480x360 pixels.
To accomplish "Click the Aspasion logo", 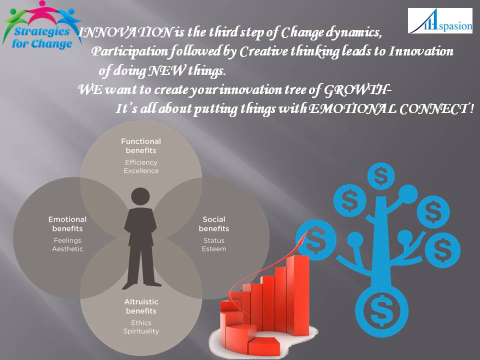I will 439,21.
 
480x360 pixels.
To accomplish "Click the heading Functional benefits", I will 141,146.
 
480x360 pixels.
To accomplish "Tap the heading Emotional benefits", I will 67,223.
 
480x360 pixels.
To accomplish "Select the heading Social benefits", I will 214,223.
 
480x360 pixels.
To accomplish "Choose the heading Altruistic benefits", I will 141,306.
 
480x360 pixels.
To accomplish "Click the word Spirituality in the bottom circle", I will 141,331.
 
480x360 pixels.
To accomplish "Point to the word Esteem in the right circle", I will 214,248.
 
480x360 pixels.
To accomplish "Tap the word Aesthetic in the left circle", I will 67,248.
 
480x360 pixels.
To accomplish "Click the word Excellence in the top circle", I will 141,171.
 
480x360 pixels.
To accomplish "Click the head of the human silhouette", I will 140,195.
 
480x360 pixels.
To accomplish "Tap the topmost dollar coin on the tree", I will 381,176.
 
